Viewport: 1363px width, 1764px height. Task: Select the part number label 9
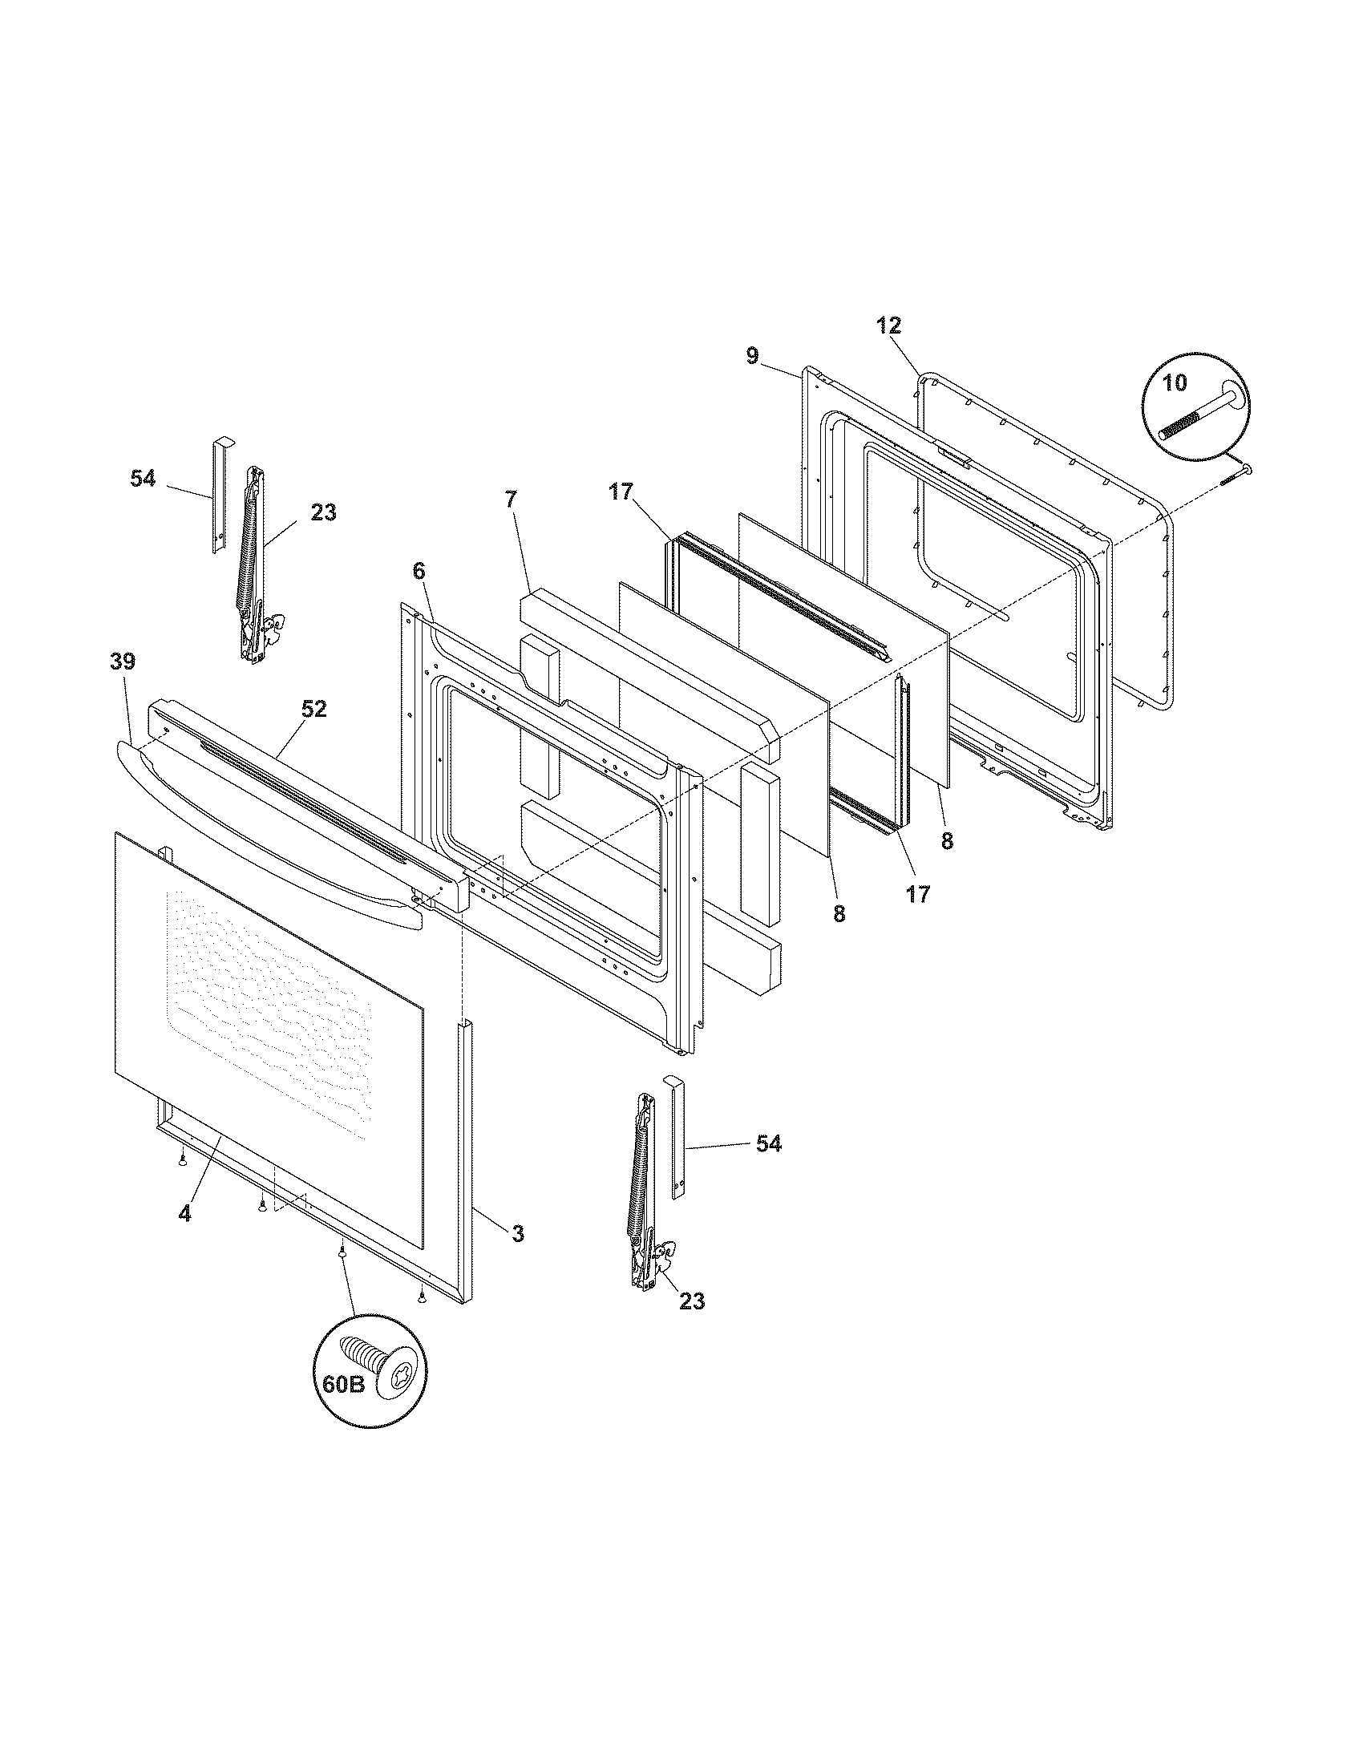[753, 355]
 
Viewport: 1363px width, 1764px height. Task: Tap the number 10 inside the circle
[1175, 382]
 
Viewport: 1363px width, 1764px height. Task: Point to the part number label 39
[123, 661]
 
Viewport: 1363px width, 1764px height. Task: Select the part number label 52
[314, 708]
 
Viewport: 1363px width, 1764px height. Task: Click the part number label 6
[418, 570]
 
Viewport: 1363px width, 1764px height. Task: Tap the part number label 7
[509, 500]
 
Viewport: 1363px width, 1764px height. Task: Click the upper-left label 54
[143, 478]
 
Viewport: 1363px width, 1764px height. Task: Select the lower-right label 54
[768, 1143]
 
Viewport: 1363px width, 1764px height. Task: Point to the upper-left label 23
[323, 512]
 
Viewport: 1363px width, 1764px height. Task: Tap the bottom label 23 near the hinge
[691, 1301]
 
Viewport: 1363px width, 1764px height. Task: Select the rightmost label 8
[947, 841]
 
